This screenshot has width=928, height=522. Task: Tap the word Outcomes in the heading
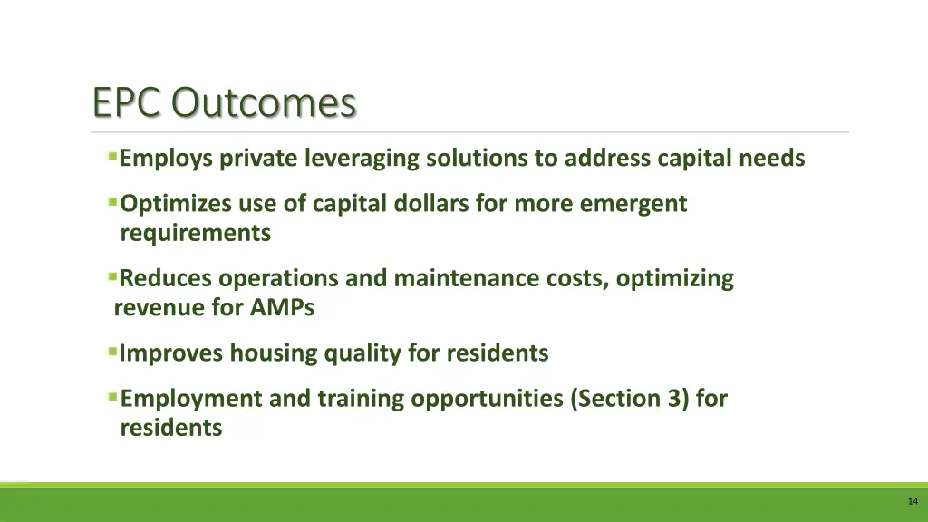click(x=265, y=103)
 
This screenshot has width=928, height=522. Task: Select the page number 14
click(x=912, y=501)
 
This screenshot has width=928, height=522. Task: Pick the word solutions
click(x=478, y=159)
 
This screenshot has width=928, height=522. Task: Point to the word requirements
click(x=195, y=233)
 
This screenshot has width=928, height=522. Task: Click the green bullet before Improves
click(x=112, y=351)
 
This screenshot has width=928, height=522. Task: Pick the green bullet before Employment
click(x=112, y=396)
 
